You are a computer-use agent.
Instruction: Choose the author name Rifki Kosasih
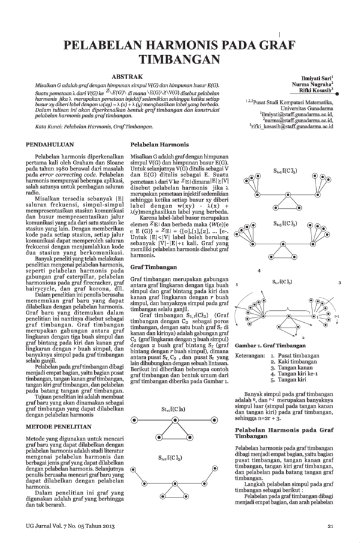[314, 91]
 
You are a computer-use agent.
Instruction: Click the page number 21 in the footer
[330, 527]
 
